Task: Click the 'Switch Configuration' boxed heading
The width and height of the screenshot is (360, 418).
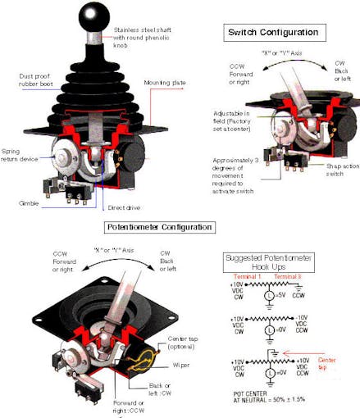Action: pyautogui.click(x=273, y=32)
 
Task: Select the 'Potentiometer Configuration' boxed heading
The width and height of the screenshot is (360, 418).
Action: pyautogui.click(x=160, y=226)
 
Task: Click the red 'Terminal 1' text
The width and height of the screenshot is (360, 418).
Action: pyautogui.click(x=251, y=277)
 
